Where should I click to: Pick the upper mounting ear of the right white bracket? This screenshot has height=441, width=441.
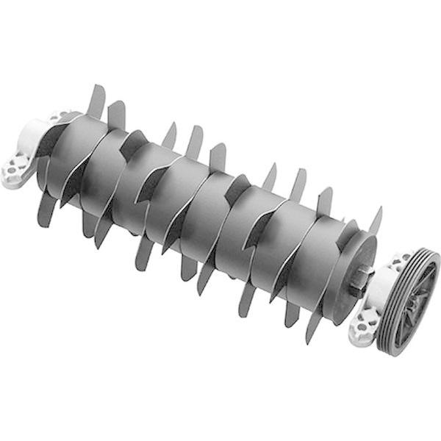(401, 259)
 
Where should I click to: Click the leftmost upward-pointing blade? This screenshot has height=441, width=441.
(96, 103)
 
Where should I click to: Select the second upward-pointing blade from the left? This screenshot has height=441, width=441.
(116, 114)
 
